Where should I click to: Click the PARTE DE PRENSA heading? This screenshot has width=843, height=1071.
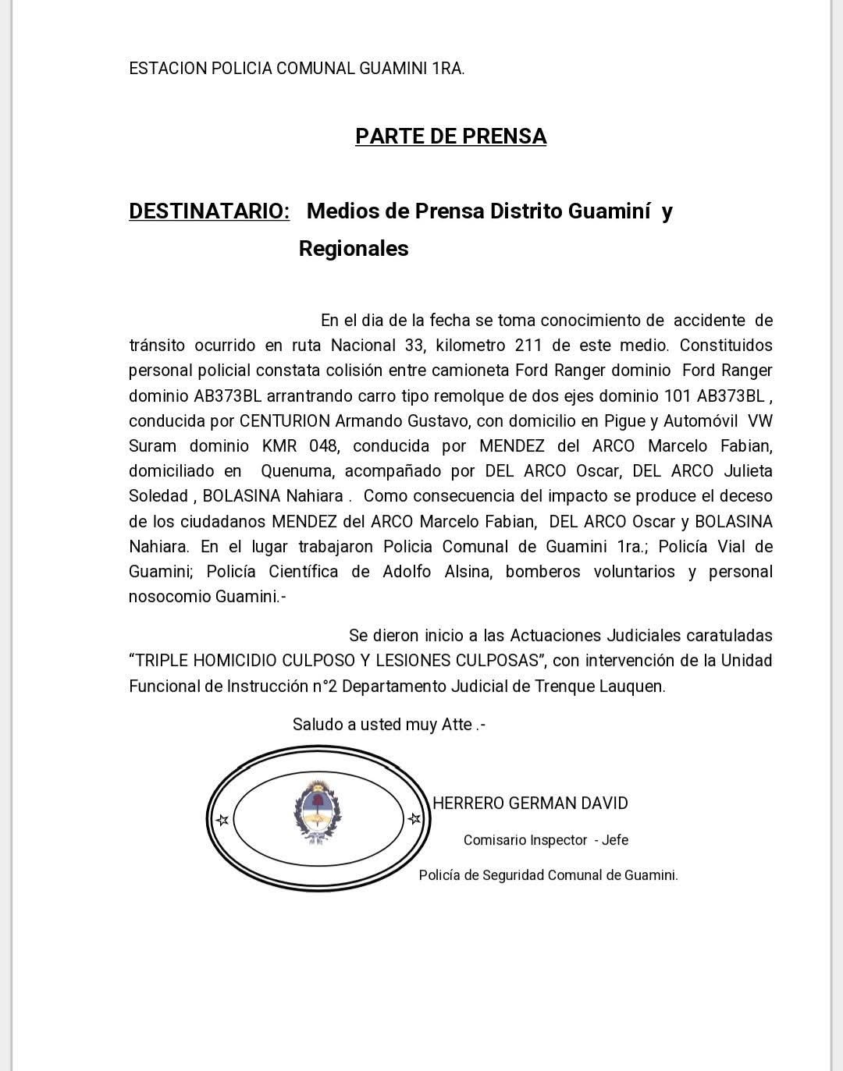coord(450,137)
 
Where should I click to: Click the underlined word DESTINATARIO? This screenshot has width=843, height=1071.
coord(208,211)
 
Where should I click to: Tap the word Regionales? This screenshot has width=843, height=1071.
coord(354,249)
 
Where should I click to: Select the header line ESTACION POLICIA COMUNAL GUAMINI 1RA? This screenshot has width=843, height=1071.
coord(297,69)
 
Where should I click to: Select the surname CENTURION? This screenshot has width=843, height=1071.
coord(285,421)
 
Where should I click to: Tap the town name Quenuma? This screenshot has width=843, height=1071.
coord(298,471)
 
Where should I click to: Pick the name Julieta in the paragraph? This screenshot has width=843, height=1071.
coord(748,471)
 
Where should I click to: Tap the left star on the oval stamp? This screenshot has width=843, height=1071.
coord(222,820)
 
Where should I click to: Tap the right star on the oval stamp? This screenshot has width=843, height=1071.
coord(414,819)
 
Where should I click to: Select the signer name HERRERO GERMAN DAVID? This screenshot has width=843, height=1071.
coord(530,803)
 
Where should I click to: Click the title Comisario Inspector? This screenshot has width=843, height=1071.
coord(525,840)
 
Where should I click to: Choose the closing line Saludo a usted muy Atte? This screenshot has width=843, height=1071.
coord(389,725)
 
